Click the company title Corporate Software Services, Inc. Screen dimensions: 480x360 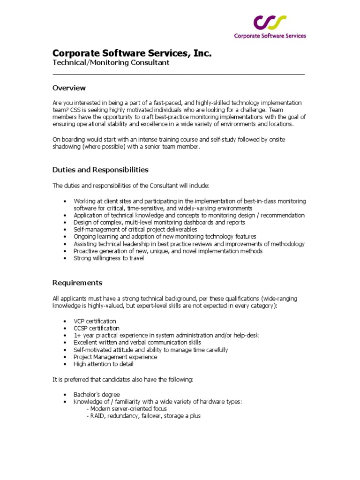point(132,53)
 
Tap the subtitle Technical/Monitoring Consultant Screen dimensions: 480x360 point(111,63)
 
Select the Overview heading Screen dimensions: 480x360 point(69,88)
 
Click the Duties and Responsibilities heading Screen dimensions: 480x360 point(100,170)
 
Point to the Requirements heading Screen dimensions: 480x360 point(77,283)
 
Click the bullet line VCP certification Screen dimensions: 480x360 point(95,321)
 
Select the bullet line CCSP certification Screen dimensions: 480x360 point(96,328)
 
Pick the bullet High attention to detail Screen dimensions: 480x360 point(103,364)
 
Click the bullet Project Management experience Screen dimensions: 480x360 point(115,357)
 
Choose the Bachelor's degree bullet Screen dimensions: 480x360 point(97,394)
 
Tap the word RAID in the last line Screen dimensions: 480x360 point(97,416)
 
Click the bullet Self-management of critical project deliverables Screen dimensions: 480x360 point(135,230)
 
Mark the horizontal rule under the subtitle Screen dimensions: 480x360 point(178,74)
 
